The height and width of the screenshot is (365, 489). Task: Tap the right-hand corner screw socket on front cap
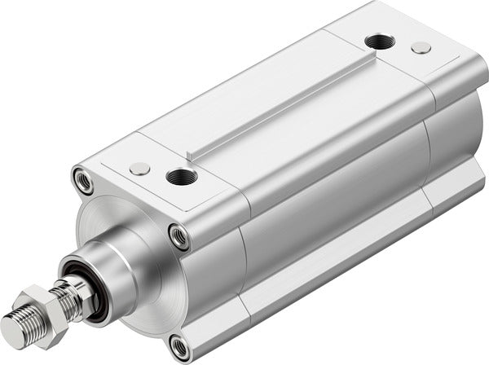click(179, 237)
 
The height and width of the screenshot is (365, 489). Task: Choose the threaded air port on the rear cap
click(377, 42)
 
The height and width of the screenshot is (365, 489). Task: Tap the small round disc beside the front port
click(139, 169)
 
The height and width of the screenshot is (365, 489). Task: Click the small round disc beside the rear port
click(421, 48)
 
